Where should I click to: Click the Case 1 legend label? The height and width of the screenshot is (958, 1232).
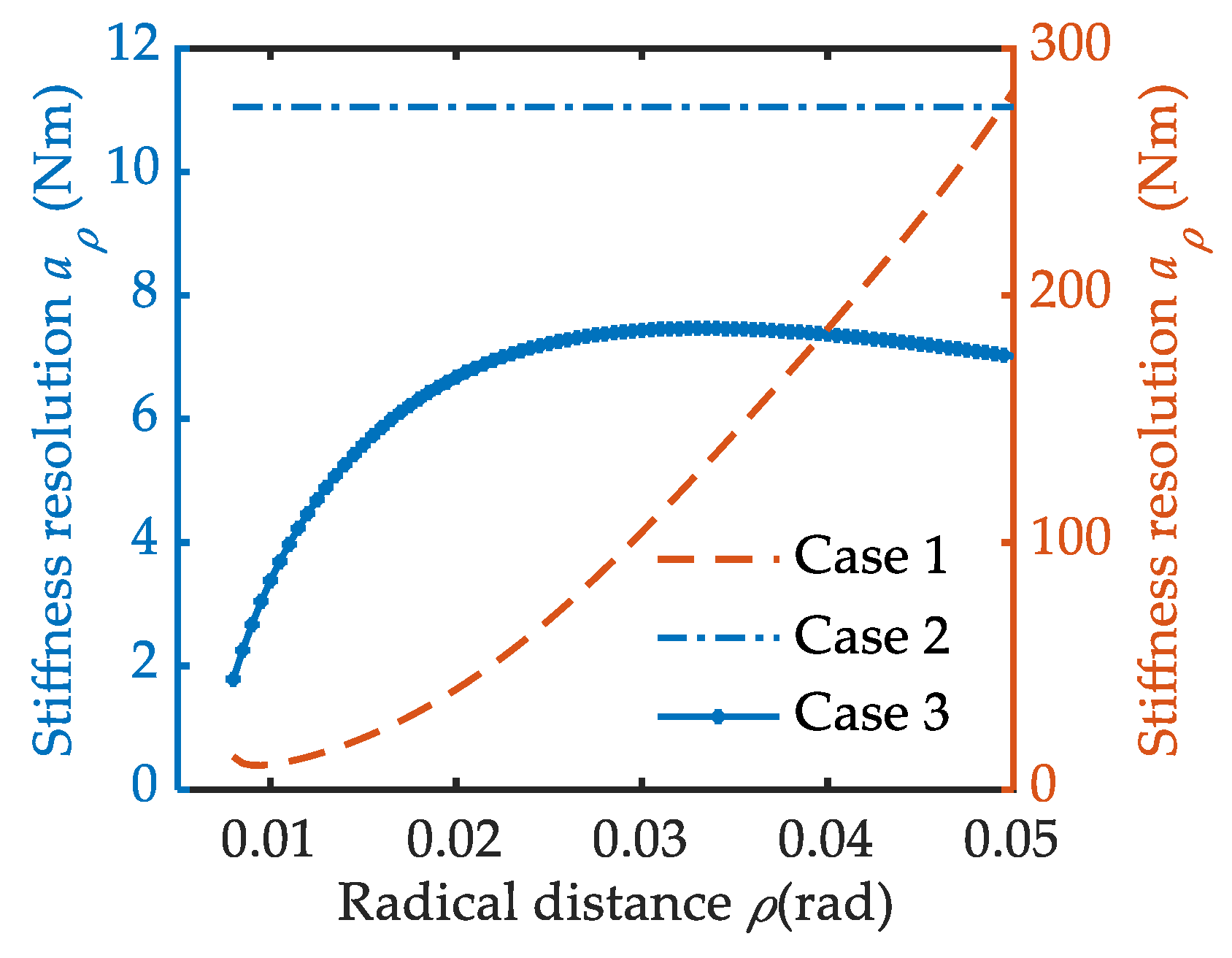871,556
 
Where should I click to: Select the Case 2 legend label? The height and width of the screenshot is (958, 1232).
871,636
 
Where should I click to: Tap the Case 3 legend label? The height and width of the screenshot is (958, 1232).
871,713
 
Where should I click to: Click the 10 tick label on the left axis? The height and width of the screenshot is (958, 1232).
133,172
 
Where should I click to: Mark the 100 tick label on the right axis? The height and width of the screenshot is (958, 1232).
1070,540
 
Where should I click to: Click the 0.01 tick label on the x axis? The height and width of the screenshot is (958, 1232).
268,840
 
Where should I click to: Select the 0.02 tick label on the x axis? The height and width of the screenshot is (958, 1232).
454,840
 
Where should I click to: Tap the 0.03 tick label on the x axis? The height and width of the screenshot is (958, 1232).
639,840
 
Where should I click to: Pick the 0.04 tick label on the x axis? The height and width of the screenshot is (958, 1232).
825,840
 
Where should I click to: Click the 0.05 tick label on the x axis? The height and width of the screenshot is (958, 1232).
1010,840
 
